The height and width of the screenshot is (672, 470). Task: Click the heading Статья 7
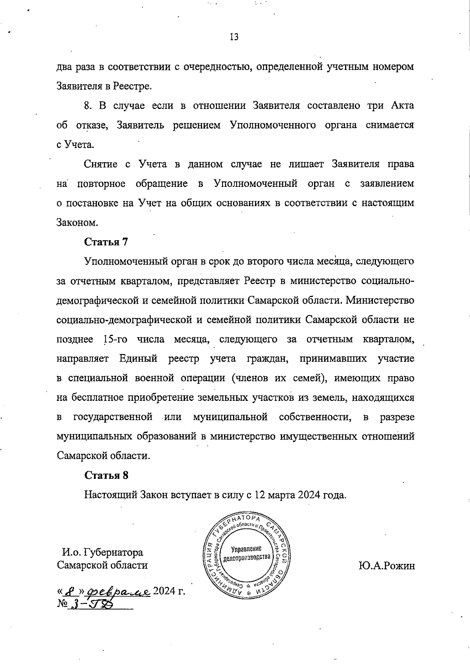tap(107, 242)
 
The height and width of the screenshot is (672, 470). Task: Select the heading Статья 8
tap(107, 475)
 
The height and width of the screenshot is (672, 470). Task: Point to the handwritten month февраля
tap(119, 590)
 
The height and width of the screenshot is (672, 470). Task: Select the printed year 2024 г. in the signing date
tap(169, 591)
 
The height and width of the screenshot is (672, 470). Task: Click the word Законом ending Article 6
tap(76, 223)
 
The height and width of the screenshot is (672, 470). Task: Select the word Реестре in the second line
tap(133, 86)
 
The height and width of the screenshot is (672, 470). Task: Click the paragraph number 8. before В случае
tap(88, 106)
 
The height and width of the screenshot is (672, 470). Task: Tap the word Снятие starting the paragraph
tap(101, 164)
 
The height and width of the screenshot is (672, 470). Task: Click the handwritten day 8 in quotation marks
tap(71, 590)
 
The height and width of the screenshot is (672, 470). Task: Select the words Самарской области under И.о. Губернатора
tap(103, 565)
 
